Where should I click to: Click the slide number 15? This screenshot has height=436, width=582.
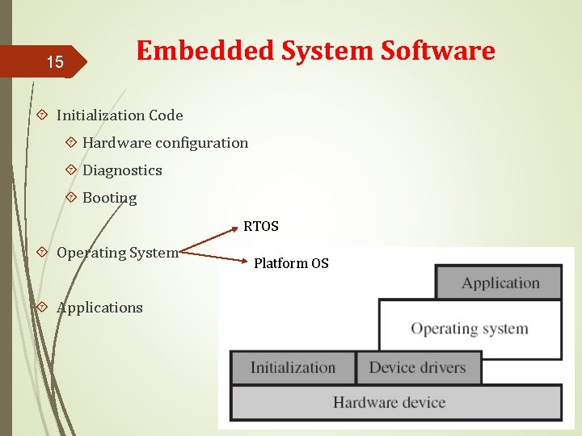point(54,62)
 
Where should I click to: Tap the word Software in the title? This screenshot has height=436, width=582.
point(436,51)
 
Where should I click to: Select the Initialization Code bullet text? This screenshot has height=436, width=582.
point(120,115)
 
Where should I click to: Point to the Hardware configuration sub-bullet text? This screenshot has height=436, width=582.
point(165,143)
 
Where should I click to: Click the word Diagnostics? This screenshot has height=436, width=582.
point(122,170)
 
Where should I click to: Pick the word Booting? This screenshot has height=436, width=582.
point(109,198)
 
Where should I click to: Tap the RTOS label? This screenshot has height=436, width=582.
point(261,226)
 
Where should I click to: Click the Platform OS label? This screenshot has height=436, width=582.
point(291,263)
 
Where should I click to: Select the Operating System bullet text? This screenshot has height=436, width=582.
point(117,253)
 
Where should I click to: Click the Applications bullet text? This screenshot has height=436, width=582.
point(99,308)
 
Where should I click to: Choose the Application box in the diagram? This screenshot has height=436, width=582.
point(499,283)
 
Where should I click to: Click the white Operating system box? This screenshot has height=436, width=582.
point(470,329)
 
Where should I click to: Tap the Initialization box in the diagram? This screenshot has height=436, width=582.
point(293,367)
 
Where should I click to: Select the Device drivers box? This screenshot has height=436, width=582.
point(418,367)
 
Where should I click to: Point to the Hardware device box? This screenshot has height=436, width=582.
point(396,402)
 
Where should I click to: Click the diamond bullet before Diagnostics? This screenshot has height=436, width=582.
point(71,170)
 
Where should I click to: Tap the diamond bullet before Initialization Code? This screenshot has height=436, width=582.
point(44,115)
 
